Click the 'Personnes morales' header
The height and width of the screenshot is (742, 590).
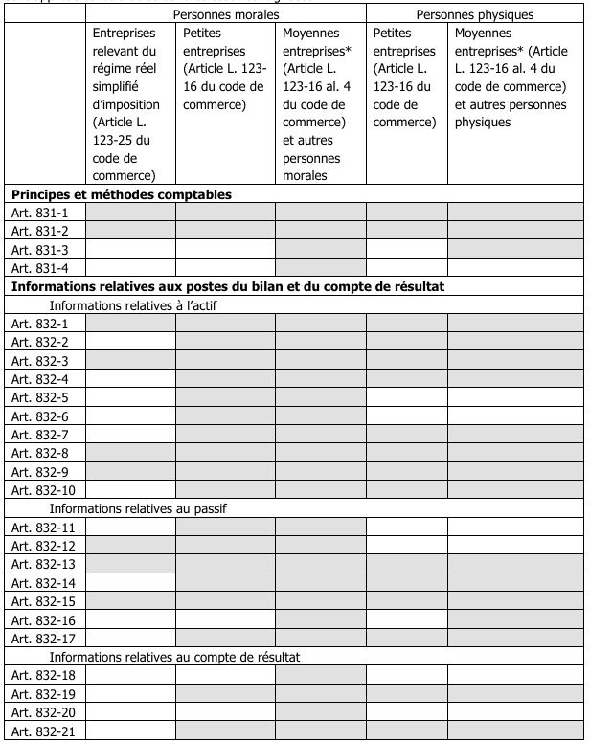[x=226, y=16]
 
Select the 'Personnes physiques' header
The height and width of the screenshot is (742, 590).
[x=476, y=16]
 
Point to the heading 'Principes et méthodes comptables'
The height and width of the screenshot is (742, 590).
[x=122, y=194]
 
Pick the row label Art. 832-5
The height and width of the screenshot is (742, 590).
[x=38, y=397]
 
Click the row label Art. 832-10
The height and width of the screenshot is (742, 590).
[x=41, y=490]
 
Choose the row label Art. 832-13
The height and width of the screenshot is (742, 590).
[x=41, y=564]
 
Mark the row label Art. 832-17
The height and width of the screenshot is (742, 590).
[x=41, y=639]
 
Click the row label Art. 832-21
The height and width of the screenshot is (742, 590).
[x=41, y=731]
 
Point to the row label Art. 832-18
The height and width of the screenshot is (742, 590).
[x=41, y=676]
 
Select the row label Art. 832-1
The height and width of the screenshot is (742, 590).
[x=38, y=324]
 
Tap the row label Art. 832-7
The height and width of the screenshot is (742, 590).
[x=38, y=435]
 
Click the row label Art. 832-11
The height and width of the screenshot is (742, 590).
[x=41, y=528]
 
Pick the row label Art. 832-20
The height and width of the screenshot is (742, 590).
[x=41, y=712]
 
